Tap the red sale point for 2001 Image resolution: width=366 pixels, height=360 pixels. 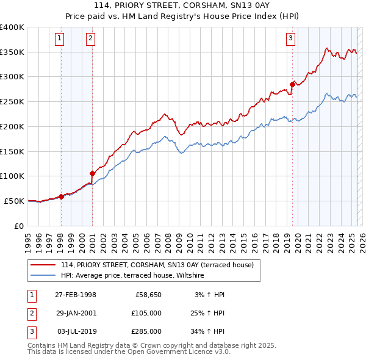(x=92, y=173)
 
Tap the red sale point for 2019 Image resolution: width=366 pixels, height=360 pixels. (x=292, y=84)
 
